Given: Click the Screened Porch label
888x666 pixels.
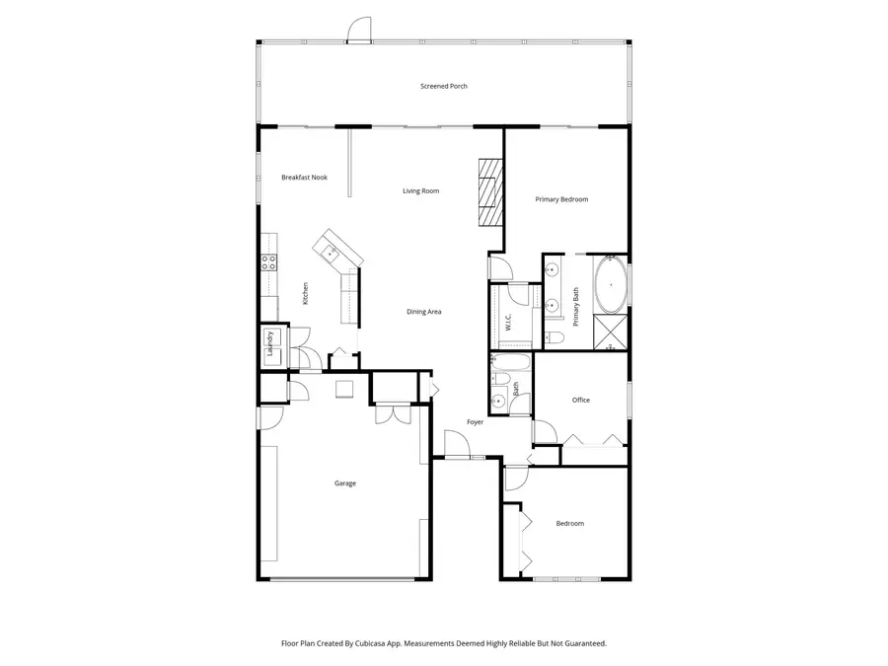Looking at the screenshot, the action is click(x=443, y=86).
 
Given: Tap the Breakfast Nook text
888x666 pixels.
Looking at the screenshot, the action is click(x=304, y=178).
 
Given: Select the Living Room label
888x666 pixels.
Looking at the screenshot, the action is click(x=420, y=190).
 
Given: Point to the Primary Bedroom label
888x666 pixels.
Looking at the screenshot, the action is click(x=561, y=199).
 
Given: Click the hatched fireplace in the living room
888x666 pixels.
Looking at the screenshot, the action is click(x=490, y=192).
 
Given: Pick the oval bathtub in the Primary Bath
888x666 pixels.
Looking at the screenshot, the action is click(x=610, y=284).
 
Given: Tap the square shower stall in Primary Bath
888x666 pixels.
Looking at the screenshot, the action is click(x=610, y=332).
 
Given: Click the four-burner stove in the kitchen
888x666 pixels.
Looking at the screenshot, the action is click(x=268, y=261).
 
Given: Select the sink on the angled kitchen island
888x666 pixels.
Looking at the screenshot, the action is click(x=329, y=252).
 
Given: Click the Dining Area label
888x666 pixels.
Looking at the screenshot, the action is click(x=423, y=312).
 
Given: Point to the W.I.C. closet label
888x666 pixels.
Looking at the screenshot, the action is click(x=508, y=323).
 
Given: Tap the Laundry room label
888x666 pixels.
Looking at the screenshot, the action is click(x=270, y=343).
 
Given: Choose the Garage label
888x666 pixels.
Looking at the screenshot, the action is click(x=345, y=483).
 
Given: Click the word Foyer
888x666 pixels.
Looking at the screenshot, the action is click(x=476, y=422).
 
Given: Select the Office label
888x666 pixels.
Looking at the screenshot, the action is click(x=581, y=400).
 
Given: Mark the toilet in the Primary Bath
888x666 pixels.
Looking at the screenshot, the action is click(x=554, y=337).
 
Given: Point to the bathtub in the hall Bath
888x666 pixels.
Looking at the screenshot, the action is click(x=510, y=362).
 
